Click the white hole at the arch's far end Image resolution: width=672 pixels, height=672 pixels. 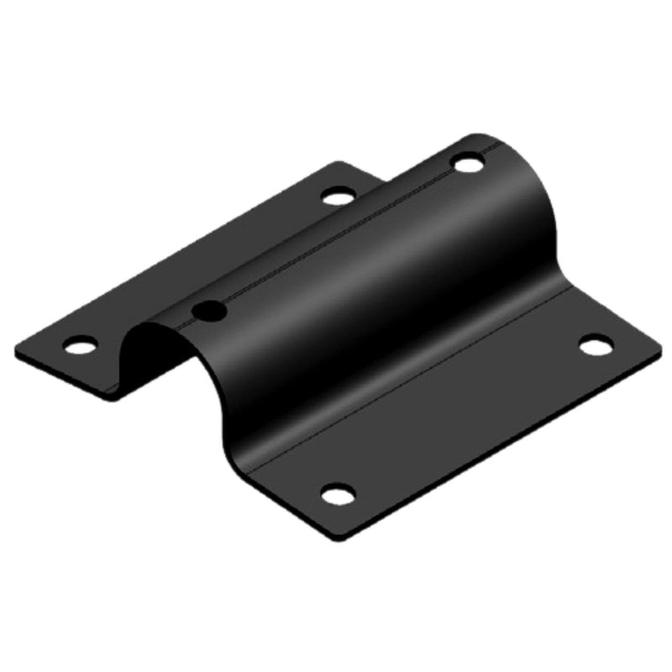point(469,163)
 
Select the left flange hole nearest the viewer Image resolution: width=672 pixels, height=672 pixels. point(81,344)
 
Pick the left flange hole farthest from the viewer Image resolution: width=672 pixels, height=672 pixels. point(338,197)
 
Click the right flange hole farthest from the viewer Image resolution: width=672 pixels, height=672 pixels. point(596,344)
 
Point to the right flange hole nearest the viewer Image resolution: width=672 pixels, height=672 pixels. point(338,494)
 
